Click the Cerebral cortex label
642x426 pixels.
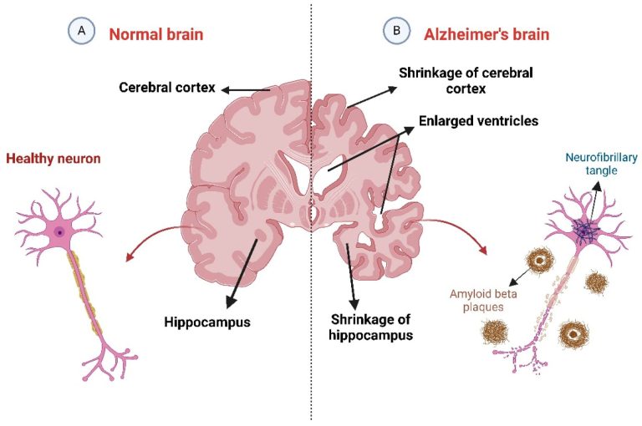pos(167,87)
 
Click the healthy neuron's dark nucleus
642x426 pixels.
pos(60,231)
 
